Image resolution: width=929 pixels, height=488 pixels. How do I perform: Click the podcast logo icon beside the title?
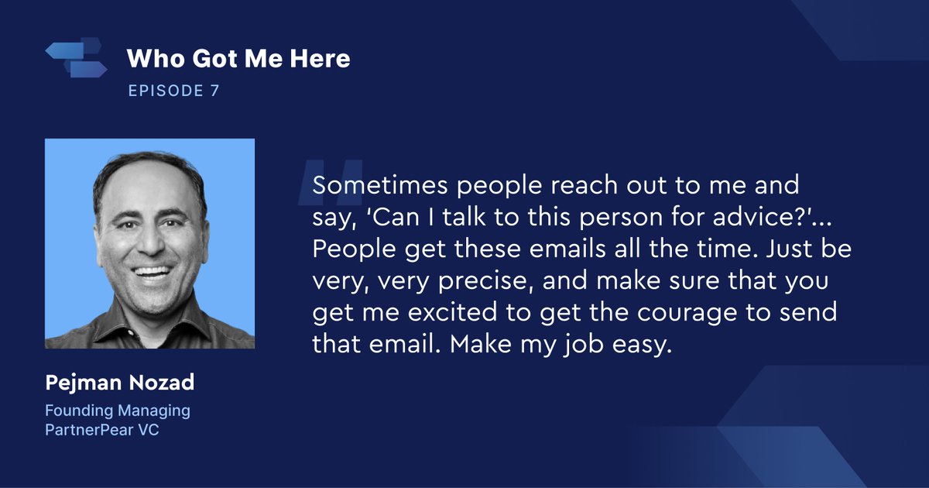click(76, 59)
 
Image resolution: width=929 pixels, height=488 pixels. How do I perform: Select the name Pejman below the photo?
click(78, 384)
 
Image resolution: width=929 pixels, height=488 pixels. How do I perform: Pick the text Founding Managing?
click(117, 411)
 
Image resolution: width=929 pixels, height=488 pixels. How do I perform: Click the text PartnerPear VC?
click(102, 430)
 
